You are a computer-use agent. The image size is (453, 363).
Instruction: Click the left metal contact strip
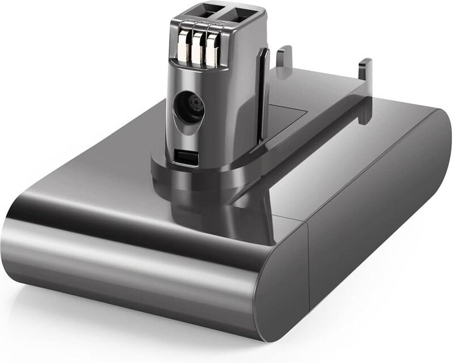pos(183,49)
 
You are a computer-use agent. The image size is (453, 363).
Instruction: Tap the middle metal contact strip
pos(197,50)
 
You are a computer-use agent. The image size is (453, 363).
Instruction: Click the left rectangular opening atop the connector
pos(212,10)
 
